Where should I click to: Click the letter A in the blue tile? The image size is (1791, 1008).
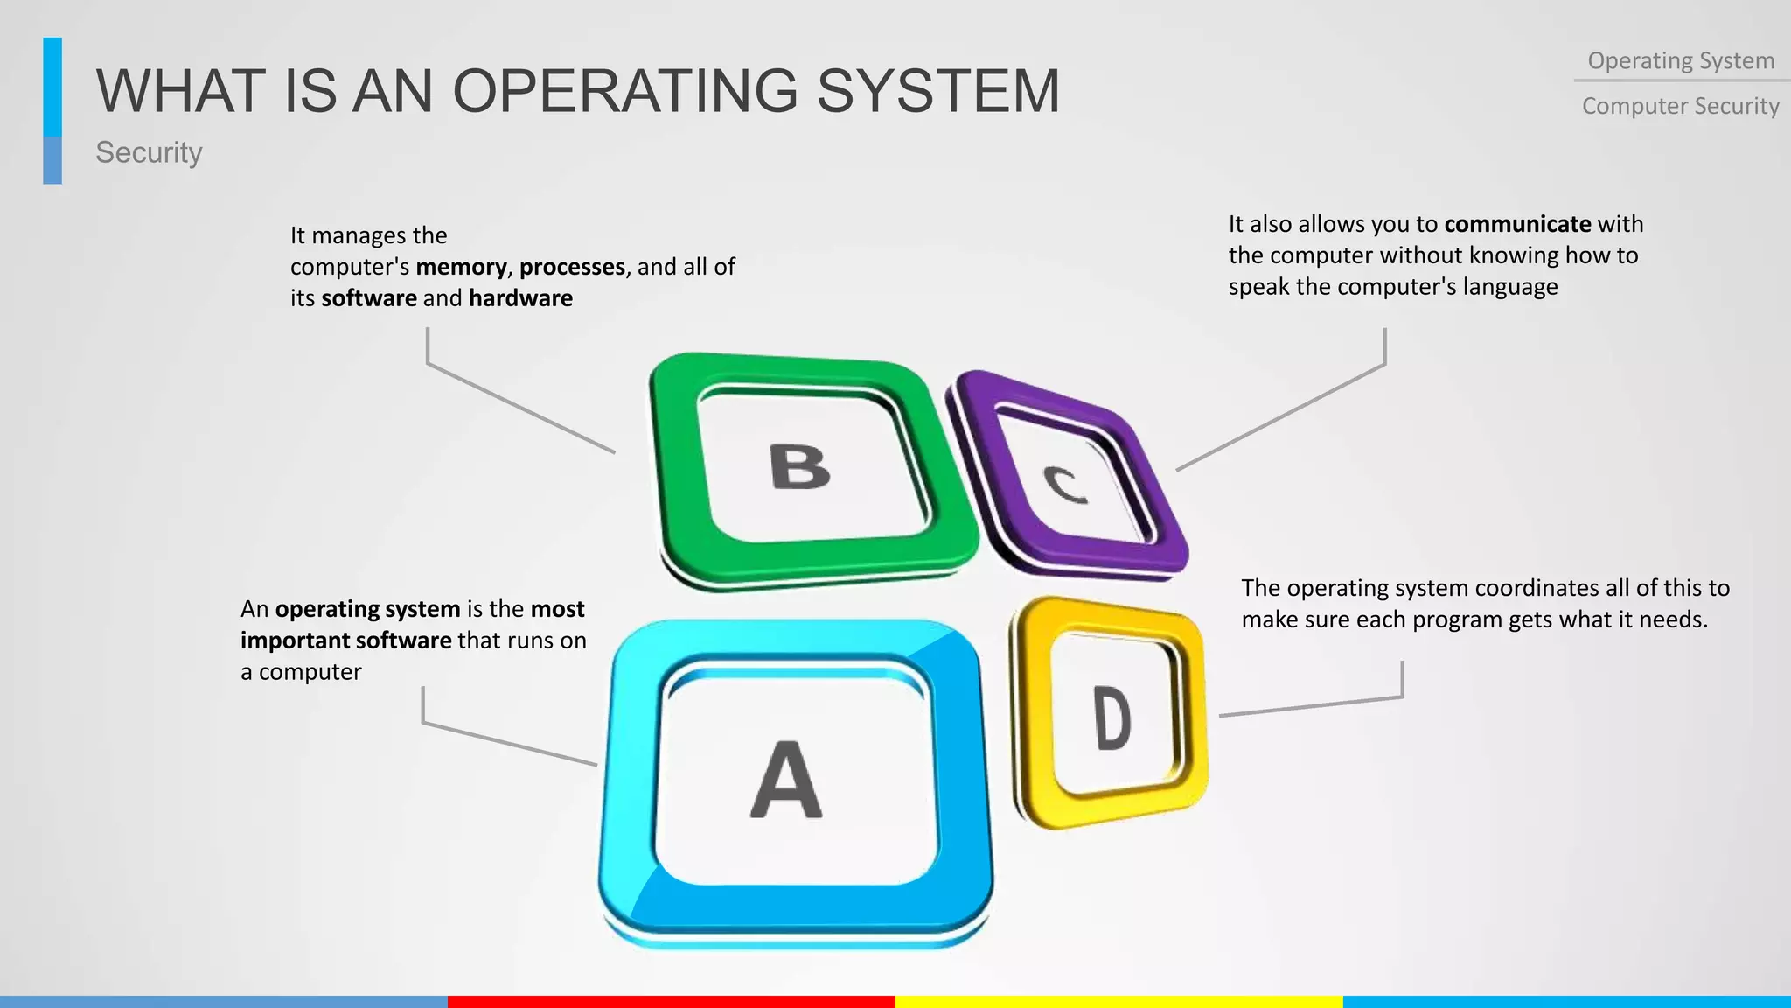pos(786,780)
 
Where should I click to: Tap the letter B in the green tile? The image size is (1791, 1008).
pos(799,467)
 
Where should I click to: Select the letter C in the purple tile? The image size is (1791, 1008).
pos(1066,484)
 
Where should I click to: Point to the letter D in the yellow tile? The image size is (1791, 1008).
pos(1112,718)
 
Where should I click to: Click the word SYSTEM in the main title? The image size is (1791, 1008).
pos(938,91)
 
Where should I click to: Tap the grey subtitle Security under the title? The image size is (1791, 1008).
pos(149,152)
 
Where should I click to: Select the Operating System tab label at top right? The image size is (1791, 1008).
pos(1681,61)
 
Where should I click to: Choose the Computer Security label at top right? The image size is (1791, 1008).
pos(1681,106)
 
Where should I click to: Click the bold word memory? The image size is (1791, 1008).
pos(461,267)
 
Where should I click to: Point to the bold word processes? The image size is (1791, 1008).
pos(572,267)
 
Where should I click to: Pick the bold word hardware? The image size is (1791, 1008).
pos(520,298)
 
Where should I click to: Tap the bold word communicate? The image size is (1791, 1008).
pos(1517,224)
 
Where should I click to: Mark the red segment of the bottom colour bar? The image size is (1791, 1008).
pos(672,1002)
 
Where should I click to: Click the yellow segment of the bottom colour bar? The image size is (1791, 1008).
pos(1119,1002)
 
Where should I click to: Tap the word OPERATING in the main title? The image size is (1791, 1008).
pos(625,91)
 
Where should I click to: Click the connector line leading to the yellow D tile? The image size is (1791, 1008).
pos(1312,706)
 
